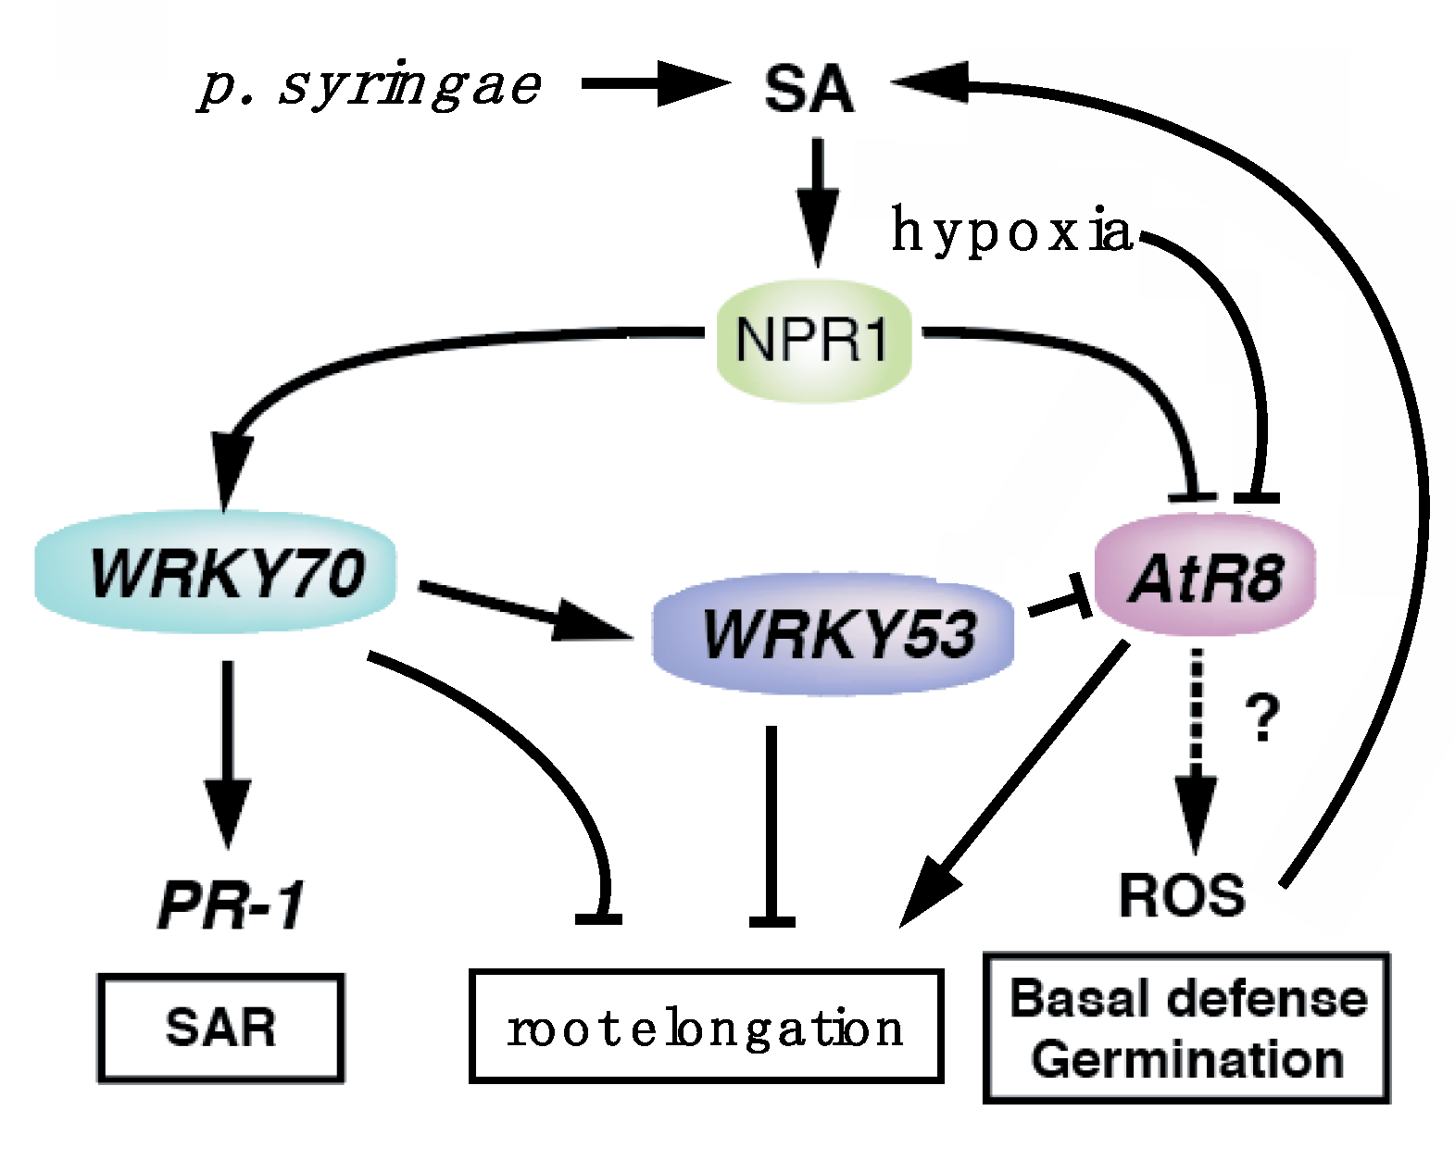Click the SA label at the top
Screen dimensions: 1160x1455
tap(809, 90)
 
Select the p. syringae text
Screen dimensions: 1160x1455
tap(369, 86)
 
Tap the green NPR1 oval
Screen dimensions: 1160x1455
tap(813, 339)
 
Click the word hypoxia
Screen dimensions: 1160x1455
tap(1010, 231)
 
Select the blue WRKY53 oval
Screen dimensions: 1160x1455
tap(834, 633)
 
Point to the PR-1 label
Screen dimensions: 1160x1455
tap(230, 904)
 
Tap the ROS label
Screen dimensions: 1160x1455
tap(1182, 896)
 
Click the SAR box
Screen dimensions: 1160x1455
tap(220, 1028)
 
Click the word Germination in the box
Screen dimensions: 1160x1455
tap(1187, 1059)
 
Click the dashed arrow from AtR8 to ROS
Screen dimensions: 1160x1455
tap(1197, 741)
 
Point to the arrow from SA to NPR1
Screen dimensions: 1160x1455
tap(817, 199)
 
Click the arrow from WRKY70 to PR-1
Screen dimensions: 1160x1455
tap(228, 750)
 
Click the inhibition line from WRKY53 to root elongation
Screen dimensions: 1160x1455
tap(771, 824)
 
